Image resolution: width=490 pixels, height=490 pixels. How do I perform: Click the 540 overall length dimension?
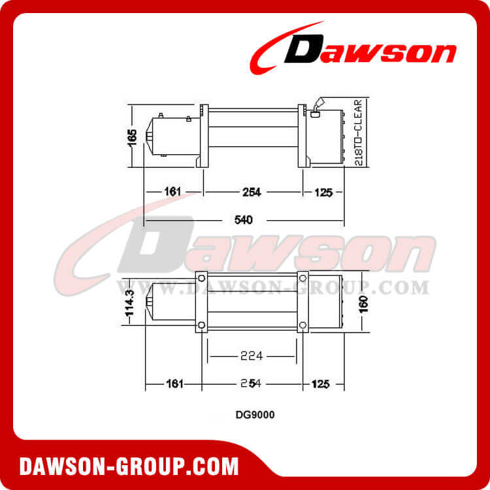(x=242, y=220)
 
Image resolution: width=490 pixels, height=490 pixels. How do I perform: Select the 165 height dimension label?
(x=133, y=137)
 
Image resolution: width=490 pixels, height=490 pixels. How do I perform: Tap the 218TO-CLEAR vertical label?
(x=359, y=133)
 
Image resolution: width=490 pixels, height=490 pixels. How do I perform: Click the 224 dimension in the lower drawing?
(x=252, y=356)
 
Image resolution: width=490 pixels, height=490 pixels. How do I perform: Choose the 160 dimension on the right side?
(x=364, y=303)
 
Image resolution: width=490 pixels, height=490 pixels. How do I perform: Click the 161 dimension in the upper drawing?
(x=172, y=192)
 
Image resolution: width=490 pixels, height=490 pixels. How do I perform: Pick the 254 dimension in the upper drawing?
(x=252, y=192)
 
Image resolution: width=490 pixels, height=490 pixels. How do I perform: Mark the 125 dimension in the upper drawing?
(x=323, y=192)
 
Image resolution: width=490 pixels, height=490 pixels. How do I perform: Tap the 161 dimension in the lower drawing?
(x=173, y=384)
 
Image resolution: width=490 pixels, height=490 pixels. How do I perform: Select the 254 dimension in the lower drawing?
(x=252, y=384)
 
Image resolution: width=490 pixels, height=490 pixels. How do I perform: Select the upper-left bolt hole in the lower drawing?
(x=201, y=279)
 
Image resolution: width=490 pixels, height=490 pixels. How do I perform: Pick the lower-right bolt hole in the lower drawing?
(x=302, y=325)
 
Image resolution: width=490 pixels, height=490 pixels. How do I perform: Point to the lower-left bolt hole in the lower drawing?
(x=201, y=325)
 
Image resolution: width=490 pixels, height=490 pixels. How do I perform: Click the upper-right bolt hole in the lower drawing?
(x=302, y=279)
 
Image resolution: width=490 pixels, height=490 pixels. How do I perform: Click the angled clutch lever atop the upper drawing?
(x=318, y=105)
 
